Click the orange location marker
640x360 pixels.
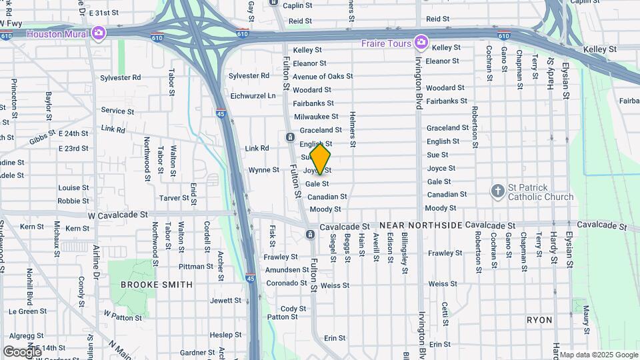click(x=320, y=159)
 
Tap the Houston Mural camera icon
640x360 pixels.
click(x=99, y=33)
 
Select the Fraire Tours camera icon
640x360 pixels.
click(x=421, y=43)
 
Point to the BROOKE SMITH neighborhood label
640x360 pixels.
click(x=157, y=285)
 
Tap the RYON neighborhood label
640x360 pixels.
click(x=539, y=320)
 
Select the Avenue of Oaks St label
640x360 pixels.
click(x=323, y=77)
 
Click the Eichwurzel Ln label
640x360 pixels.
click(x=253, y=96)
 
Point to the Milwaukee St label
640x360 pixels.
click(x=316, y=117)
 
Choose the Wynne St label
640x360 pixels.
click(x=263, y=170)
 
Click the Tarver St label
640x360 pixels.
click(x=173, y=198)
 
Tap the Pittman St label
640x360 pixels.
click(x=196, y=267)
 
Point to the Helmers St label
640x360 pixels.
click(x=352, y=130)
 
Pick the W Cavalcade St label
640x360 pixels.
click(x=117, y=215)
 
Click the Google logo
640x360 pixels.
click(x=22, y=351)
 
